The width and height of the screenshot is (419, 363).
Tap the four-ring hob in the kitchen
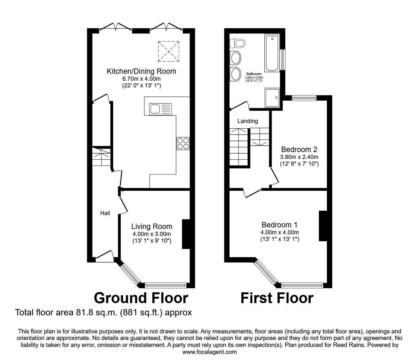[x=183, y=143]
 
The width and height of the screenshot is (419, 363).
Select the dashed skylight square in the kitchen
[x=169, y=51]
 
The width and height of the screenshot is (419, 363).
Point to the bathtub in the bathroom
[x=272, y=53]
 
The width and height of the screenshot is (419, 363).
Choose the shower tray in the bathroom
[x=272, y=98]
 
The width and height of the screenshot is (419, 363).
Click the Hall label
[x=105, y=213]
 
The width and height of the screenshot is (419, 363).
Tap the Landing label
[x=247, y=121]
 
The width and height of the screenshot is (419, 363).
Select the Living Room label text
[x=152, y=226]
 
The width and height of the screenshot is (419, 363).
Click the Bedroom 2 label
[x=299, y=149]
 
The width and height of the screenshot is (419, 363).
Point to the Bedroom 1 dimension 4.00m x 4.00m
[x=280, y=232]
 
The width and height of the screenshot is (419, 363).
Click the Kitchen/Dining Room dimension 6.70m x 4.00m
[x=141, y=79]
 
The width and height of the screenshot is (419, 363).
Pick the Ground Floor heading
[x=141, y=298]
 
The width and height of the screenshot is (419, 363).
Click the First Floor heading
[x=277, y=298]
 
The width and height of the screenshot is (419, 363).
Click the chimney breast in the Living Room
[x=186, y=234]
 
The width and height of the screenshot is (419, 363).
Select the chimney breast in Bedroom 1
[x=323, y=226]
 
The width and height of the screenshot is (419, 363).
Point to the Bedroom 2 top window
[x=304, y=98]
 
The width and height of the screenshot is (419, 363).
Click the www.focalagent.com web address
[x=209, y=352]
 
